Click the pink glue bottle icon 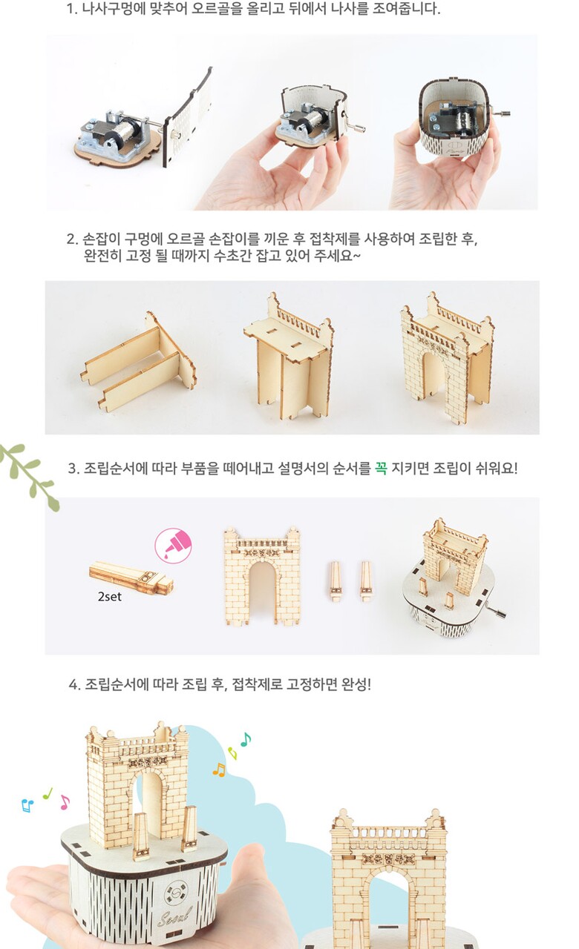173,545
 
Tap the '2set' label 109,597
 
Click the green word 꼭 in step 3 381,468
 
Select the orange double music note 219,770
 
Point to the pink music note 65,802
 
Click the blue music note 27,805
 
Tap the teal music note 246,740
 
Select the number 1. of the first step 72,9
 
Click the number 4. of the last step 74,684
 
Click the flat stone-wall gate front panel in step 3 262,576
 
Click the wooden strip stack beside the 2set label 131,577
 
